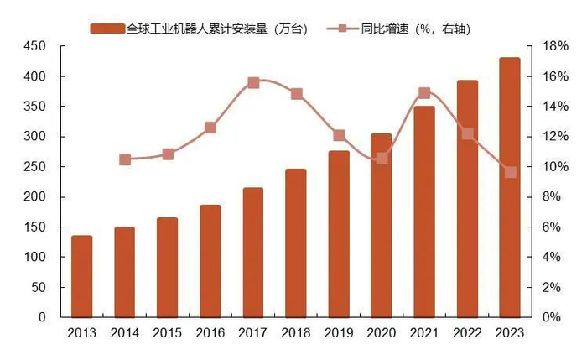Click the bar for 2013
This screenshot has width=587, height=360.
point(81,277)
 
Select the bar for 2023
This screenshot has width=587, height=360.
point(509,188)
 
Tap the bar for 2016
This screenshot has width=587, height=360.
point(210,261)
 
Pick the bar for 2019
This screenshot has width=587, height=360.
point(338,234)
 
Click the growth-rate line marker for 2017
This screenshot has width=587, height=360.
point(253,83)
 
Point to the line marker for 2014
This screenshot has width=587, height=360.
point(125,159)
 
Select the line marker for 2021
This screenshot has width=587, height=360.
point(423,93)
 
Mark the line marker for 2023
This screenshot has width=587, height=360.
point(510,172)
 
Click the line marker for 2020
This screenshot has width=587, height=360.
point(382,158)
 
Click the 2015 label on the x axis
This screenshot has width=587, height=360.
point(167,333)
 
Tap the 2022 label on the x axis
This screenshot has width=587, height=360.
point(466,333)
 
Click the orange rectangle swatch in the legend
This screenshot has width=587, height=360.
point(106,29)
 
